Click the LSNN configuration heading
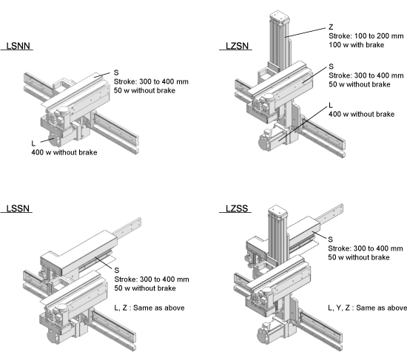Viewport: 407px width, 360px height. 18,46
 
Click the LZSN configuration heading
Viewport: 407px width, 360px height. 238,46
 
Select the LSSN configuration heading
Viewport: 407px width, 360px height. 18,208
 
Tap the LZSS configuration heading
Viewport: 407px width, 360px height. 237,208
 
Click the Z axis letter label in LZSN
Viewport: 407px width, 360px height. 331,27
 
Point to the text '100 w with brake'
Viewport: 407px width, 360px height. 357,45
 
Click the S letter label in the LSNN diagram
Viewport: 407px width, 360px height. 116,72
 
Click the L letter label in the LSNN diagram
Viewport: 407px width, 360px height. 33,143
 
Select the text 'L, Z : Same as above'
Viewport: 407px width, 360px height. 149,308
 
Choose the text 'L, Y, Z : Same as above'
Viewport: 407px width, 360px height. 367,308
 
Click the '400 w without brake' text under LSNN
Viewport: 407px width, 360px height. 64,152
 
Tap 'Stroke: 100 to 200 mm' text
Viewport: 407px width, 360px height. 366,36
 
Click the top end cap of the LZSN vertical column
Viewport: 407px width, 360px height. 279,16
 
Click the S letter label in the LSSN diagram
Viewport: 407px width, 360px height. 117,271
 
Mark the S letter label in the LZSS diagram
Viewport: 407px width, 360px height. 331,240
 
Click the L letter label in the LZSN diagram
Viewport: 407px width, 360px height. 331,105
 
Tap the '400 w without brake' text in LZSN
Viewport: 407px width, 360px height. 362,114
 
